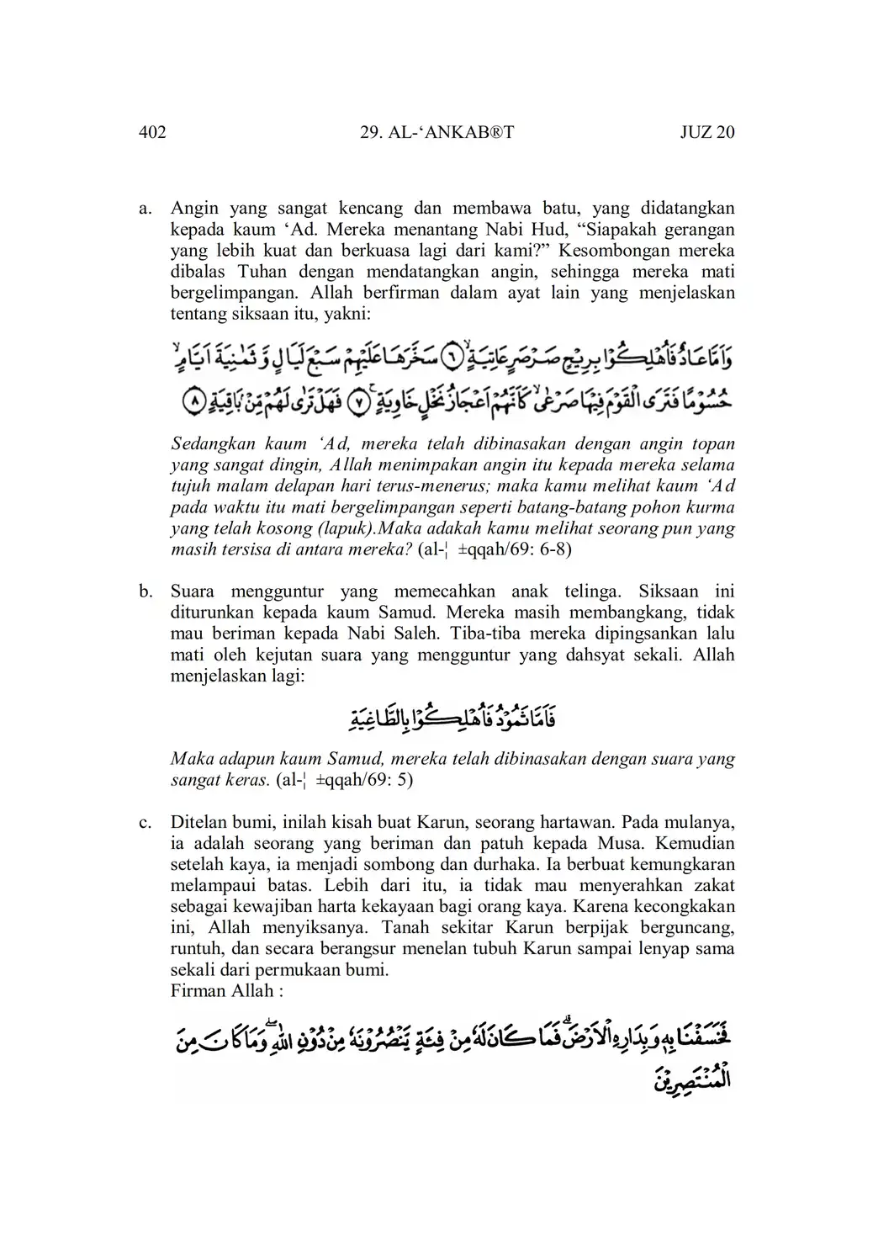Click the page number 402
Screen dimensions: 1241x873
pos(152,132)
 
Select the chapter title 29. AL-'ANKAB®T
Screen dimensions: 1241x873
pos(436,132)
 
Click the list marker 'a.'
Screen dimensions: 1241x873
pos(145,208)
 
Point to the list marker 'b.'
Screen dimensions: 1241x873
pos(145,591)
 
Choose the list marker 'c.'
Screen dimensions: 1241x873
pos(145,821)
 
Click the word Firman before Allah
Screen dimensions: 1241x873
pos(197,991)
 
